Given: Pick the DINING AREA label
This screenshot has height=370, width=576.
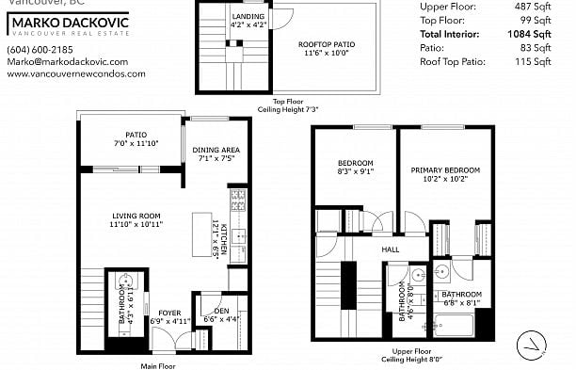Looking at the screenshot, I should click(x=216, y=150).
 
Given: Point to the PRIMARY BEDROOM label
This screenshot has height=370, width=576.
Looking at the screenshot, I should click(x=445, y=170).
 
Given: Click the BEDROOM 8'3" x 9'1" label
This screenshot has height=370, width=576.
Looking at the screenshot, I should click(x=355, y=162).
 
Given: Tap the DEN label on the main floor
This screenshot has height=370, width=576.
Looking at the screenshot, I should click(x=222, y=312).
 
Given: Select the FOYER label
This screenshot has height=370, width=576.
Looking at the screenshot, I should click(x=170, y=313).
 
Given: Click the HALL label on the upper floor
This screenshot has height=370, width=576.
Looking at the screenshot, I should click(x=391, y=249).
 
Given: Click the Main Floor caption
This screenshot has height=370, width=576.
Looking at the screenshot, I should click(x=159, y=366).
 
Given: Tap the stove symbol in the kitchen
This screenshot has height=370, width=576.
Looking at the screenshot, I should click(x=238, y=199).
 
